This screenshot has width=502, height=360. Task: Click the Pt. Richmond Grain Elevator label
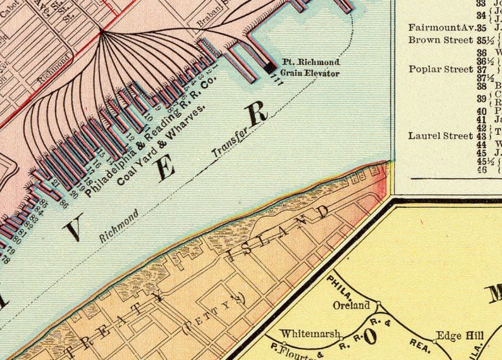310,68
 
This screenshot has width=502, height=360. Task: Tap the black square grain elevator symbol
269,66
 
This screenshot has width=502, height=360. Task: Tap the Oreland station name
351,306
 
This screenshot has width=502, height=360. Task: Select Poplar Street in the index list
441,69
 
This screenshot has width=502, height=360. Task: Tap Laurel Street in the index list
441,135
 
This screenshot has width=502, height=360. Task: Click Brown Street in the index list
441,40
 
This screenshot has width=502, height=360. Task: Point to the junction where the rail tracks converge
101,30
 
